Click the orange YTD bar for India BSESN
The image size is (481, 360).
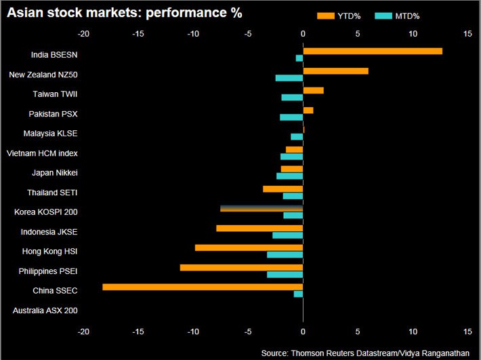coord(373,51)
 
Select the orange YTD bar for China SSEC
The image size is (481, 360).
coord(203,287)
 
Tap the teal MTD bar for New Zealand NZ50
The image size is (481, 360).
coord(289,78)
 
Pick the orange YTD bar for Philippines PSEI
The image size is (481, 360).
coord(241,268)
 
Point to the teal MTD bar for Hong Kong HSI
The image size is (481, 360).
coord(285,255)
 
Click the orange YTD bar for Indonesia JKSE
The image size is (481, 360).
coord(259,228)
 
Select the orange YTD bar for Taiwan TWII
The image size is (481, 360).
coord(313,90)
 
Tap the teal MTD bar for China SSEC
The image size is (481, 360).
coord(298,294)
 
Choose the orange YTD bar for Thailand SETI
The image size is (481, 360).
coord(283,188)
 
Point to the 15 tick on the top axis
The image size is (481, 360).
coord(467,33)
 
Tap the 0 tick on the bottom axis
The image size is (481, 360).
coord(303,332)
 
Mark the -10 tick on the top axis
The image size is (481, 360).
coord(193,33)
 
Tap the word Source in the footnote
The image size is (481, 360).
coord(275,353)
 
